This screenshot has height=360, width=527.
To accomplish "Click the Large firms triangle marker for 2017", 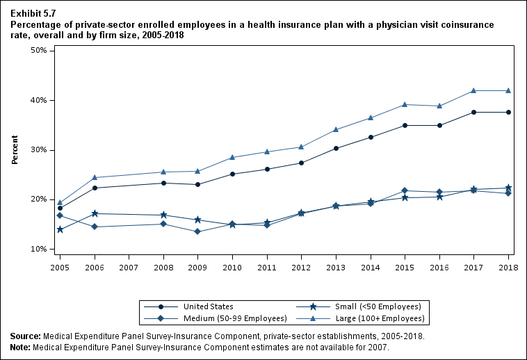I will [x=473, y=90].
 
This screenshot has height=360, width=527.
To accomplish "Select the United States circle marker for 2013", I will [x=336, y=148].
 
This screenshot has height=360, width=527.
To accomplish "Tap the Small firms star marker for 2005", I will [x=60, y=229].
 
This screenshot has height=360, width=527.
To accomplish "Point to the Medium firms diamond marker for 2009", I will [x=198, y=231].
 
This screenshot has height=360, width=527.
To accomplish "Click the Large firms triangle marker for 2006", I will [x=95, y=177].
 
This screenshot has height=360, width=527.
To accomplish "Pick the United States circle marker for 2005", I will [x=60, y=208].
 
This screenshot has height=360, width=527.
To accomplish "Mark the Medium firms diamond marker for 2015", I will [x=405, y=190].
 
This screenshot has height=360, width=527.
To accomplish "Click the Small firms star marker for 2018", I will [x=508, y=188].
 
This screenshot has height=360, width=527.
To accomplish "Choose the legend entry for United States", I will [x=208, y=306].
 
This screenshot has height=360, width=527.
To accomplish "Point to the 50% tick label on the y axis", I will [x=38, y=51].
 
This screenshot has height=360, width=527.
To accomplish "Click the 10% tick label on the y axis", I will [x=38, y=249].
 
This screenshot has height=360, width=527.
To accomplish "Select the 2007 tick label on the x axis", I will [x=129, y=267].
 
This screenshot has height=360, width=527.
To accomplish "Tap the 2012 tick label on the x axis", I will [x=301, y=267].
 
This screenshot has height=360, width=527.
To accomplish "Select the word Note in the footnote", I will [x=20, y=347].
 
